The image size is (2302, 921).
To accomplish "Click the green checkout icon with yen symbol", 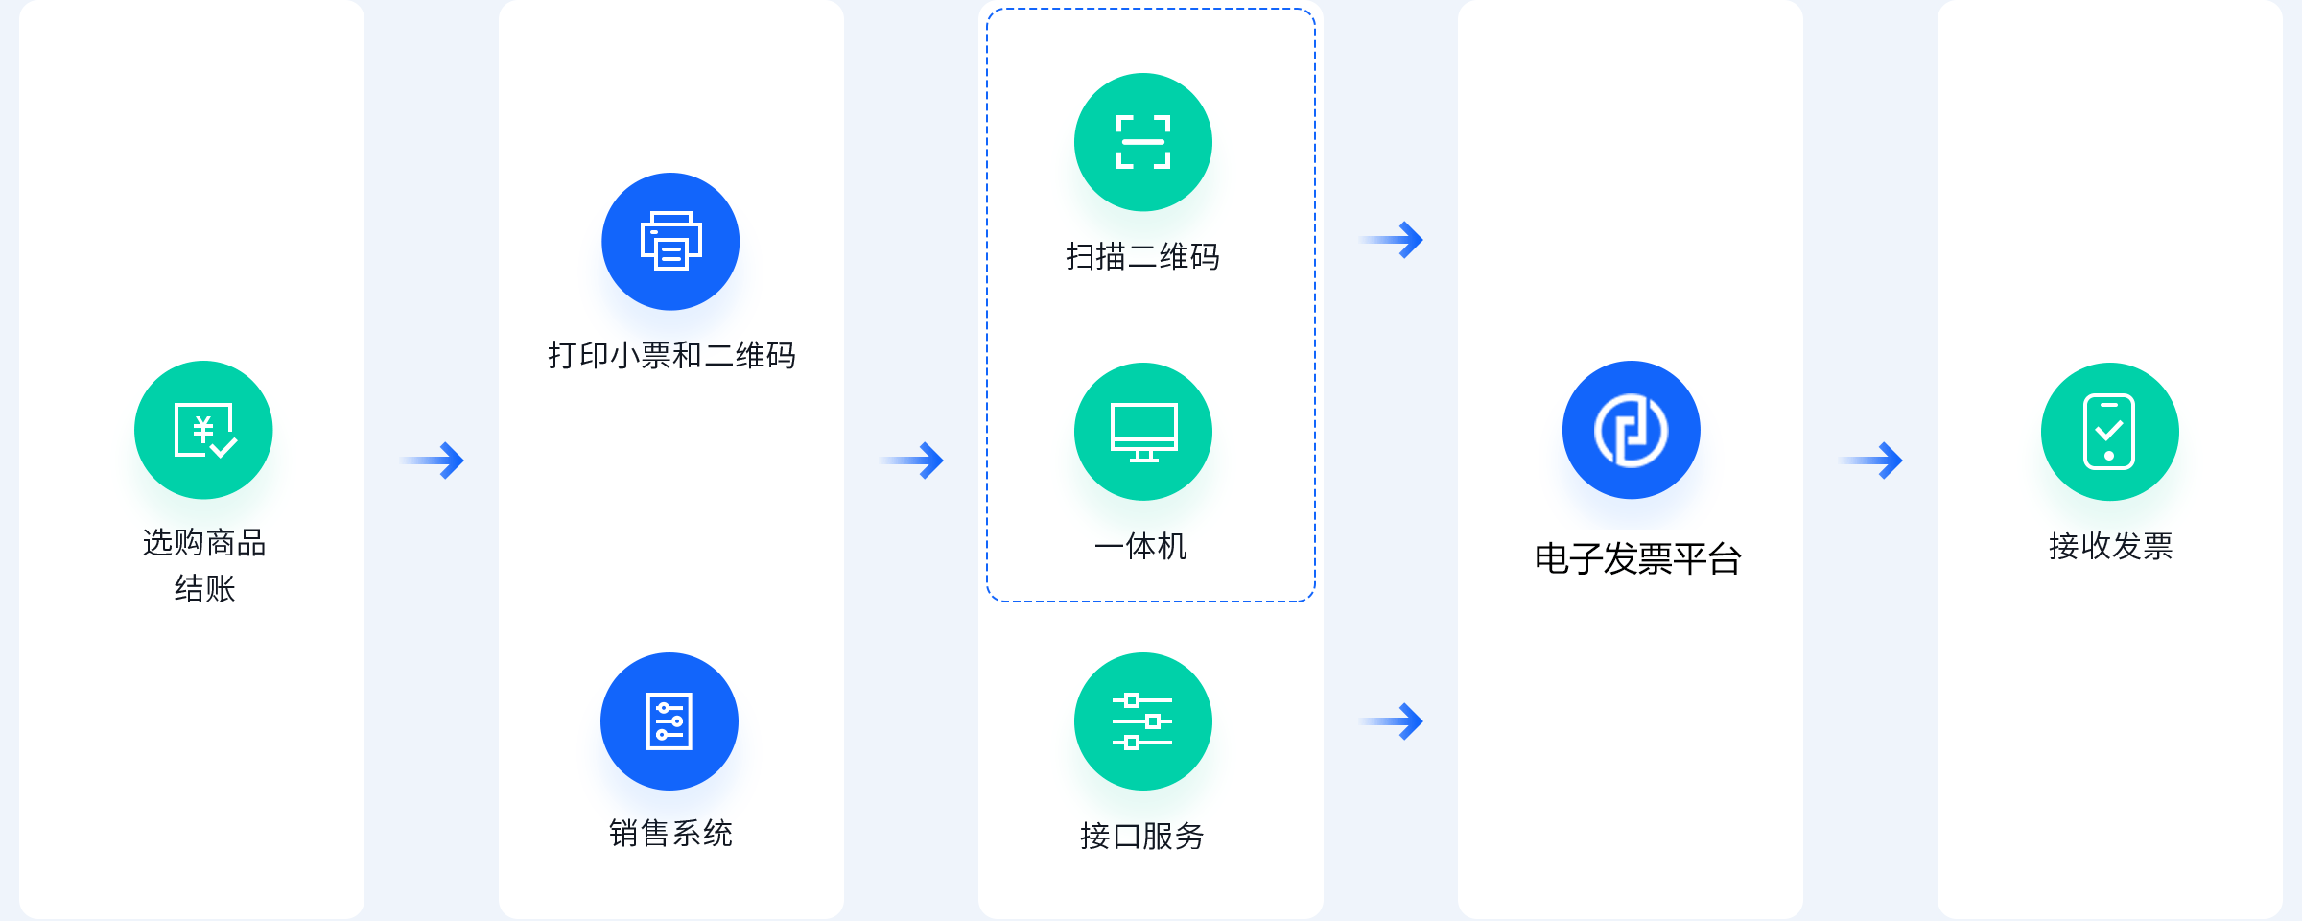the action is (x=203, y=430).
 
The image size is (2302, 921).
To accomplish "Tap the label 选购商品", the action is (x=204, y=543).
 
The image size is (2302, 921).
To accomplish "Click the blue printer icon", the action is (x=670, y=242).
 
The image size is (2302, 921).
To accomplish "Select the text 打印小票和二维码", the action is (x=671, y=356).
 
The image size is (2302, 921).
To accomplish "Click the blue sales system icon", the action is (x=669, y=721).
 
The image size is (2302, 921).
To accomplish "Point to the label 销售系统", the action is (x=670, y=833).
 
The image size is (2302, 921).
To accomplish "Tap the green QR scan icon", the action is (x=1143, y=142).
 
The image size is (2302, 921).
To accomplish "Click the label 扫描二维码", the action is (x=1142, y=257).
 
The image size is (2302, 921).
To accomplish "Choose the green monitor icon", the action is (x=1143, y=432).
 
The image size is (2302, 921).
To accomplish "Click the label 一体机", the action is (x=1141, y=547).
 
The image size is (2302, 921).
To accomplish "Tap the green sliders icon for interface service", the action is (x=1143, y=721).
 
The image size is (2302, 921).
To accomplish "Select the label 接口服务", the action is (x=1141, y=837).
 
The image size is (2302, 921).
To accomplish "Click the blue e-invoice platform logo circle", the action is (x=1632, y=430).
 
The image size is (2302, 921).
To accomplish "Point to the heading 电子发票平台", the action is (x=1638, y=559).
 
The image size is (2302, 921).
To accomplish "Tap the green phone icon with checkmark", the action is (x=2110, y=432).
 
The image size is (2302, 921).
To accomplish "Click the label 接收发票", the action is (x=2110, y=547).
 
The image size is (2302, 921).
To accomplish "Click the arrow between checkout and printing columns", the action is (x=433, y=460).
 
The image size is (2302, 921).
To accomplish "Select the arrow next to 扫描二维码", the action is (x=1392, y=240).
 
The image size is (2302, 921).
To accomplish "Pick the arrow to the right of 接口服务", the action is (x=1392, y=721).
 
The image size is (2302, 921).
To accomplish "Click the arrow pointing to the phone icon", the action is (x=1871, y=460).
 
